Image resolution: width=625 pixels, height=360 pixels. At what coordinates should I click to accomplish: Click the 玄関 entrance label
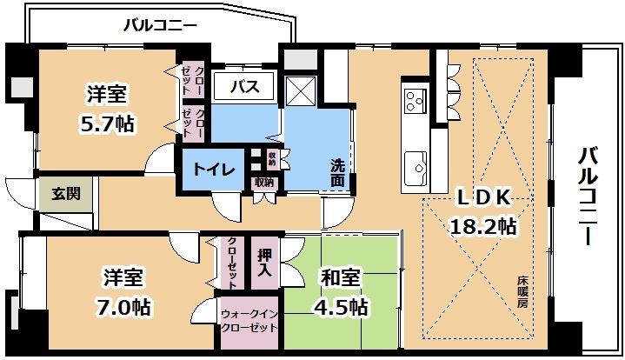point(66,193)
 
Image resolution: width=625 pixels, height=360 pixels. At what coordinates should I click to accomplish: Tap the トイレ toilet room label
point(214,170)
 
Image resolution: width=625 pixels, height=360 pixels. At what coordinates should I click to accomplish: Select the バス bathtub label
point(245,86)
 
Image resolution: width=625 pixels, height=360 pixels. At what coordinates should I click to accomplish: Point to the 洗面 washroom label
point(336,173)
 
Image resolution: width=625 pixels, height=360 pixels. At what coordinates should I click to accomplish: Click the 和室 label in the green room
point(341,277)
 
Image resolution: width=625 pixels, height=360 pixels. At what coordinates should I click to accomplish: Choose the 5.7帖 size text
point(107,123)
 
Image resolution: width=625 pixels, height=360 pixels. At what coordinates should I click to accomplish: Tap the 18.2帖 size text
point(483,226)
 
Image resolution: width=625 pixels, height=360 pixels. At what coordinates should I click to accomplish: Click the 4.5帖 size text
point(341,307)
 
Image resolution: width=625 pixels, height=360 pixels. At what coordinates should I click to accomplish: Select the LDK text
point(483,197)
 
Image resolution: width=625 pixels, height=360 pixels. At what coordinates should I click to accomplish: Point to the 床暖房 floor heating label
point(522,291)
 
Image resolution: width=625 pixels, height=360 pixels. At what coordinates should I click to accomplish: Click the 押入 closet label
point(264,263)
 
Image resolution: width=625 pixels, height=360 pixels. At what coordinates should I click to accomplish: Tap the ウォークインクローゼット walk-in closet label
point(249,321)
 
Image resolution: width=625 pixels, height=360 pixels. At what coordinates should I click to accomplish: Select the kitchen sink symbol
point(416,169)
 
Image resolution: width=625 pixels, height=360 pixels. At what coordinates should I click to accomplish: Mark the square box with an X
point(301,90)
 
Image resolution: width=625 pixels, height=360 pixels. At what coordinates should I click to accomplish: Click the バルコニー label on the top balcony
point(160,25)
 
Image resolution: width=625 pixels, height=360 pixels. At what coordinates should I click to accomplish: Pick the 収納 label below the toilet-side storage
point(264,183)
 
